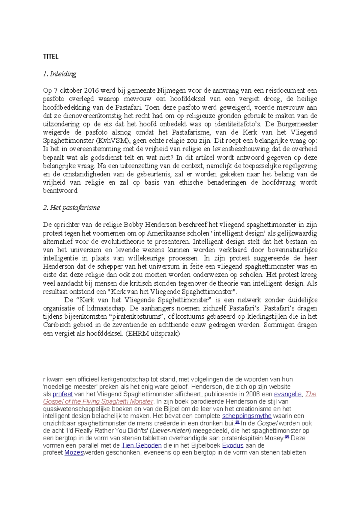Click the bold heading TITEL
(51, 57)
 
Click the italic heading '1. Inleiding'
(59, 74)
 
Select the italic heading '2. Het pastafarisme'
(71, 208)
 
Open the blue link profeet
(62, 394)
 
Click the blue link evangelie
(287, 394)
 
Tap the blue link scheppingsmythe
(247, 416)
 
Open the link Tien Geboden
(142, 445)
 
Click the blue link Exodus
(232, 445)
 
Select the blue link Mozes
(74, 453)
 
